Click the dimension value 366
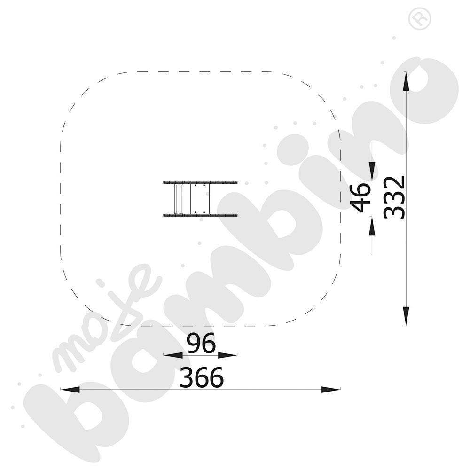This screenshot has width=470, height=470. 202,377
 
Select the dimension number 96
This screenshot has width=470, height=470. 201,343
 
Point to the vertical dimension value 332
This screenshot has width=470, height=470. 395,197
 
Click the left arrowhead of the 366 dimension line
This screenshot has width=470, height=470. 70,389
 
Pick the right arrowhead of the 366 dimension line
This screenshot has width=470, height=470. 330,389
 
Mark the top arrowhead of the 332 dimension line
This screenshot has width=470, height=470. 406,81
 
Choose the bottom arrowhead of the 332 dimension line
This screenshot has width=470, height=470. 406,316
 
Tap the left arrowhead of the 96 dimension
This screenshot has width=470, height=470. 173,355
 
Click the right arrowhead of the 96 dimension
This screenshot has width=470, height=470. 227,355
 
